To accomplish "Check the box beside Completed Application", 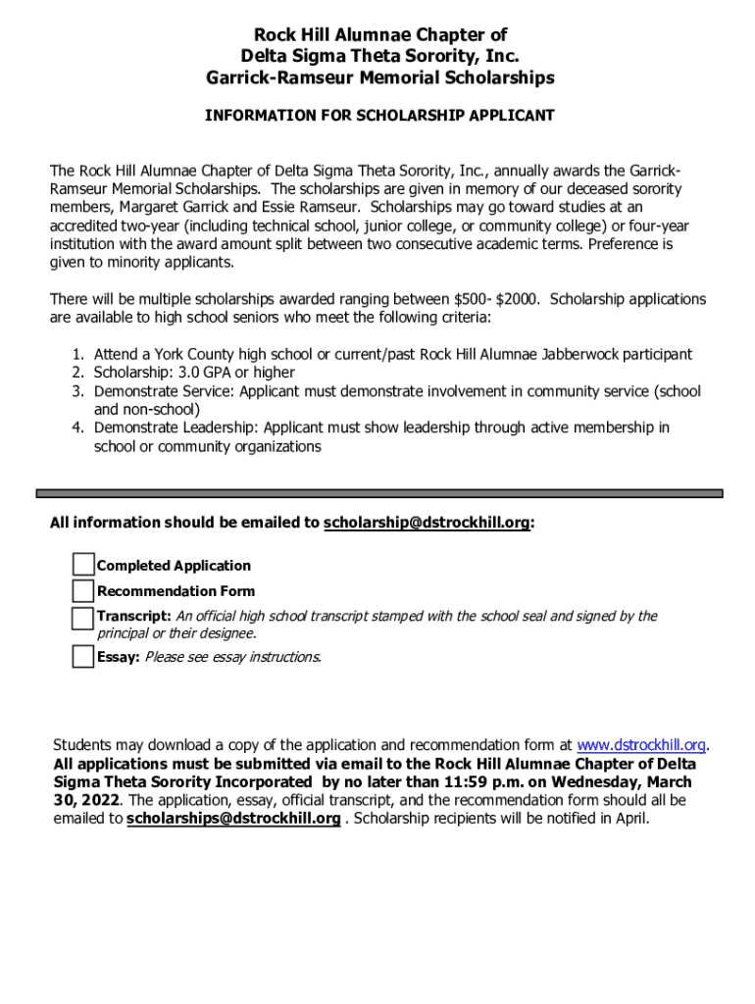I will pyautogui.click(x=83, y=565).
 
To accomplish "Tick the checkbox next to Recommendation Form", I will pyautogui.click(x=83, y=590).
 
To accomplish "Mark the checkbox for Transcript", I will pyautogui.click(x=83, y=618).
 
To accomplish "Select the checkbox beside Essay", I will pyautogui.click(x=83, y=656).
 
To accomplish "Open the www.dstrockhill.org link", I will pyautogui.click(x=641, y=745).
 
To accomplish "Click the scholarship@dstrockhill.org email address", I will pyautogui.click(x=427, y=524).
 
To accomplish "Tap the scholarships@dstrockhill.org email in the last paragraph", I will pyautogui.click(x=233, y=819).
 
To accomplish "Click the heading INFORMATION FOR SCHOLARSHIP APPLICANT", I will pyautogui.click(x=378, y=116).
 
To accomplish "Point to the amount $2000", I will pyautogui.click(x=520, y=299).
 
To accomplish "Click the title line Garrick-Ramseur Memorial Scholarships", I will pyautogui.click(x=378, y=77).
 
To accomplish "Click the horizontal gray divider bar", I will pyautogui.click(x=378, y=493).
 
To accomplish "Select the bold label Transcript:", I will pyautogui.click(x=134, y=617).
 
